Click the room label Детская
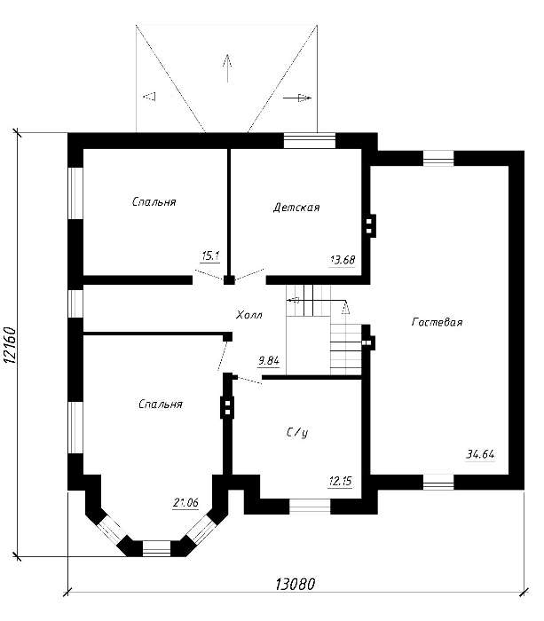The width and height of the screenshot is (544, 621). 296,208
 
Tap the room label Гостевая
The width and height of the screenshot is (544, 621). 437,322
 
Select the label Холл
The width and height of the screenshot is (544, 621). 249,315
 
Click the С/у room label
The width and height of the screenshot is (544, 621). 296,433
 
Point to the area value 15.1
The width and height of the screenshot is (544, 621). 211,256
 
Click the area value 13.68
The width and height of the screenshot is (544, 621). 343,260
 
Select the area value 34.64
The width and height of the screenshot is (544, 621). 480,454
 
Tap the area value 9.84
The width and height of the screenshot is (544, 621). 269,361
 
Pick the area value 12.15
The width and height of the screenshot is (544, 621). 340,482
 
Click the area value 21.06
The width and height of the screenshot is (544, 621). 185,503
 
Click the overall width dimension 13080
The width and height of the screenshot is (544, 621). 296,584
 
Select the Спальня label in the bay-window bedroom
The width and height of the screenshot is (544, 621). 161,404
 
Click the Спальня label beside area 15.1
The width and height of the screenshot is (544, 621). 154,201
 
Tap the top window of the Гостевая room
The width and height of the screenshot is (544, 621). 438,158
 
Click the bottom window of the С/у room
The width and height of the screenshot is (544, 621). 310,507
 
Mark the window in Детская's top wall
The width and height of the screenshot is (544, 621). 310,140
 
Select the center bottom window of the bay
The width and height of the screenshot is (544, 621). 156,548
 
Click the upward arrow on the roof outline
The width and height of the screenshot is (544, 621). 227,67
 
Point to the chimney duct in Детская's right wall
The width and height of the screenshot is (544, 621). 369,225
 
